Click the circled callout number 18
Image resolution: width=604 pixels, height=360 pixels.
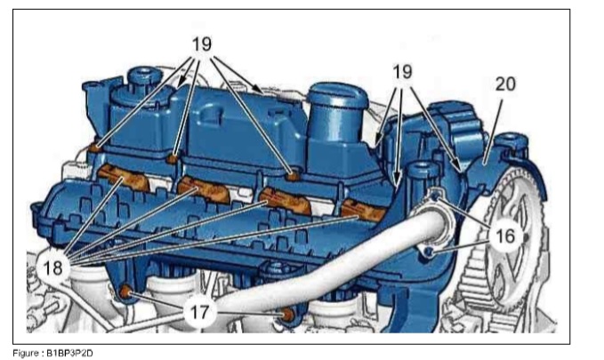point(53,268)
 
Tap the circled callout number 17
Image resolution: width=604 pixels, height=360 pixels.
point(199,312)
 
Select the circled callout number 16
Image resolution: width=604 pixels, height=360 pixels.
point(505,236)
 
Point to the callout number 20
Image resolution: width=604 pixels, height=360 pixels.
point(505,84)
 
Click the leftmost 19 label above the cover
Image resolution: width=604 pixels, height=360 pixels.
point(202,44)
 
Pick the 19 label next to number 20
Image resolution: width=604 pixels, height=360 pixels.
point(402,72)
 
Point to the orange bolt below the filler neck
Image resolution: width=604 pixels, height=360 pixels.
point(294,176)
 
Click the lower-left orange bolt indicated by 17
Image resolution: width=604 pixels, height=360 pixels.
point(125,292)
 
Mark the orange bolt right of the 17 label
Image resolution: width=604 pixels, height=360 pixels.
point(287,316)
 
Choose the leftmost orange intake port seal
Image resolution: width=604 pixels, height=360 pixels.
point(124,177)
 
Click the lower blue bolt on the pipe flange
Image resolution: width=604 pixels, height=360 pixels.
point(429,252)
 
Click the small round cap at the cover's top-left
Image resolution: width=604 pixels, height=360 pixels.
point(141,76)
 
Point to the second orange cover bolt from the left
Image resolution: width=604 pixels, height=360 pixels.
point(173,158)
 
